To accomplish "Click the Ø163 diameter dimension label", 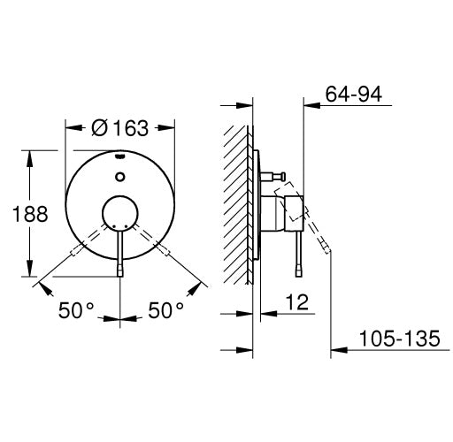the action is (119, 128).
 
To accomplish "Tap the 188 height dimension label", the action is (30, 214).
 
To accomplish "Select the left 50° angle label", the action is (76, 310).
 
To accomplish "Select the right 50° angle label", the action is (165, 310).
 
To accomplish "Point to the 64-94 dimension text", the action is (354, 94).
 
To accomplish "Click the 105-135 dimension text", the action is (400, 339).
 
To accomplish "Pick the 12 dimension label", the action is (297, 302).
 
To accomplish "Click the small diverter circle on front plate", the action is (120, 177).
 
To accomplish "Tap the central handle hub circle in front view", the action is (120, 213).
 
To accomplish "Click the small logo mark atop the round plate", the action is (120, 156).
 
